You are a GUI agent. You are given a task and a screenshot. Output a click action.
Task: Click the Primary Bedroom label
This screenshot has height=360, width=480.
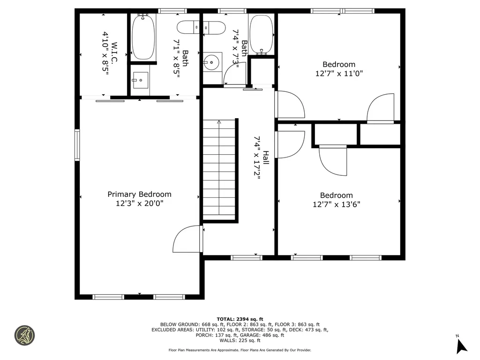pos(139,194)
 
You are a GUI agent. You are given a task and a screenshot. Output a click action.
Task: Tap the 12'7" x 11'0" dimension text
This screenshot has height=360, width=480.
pos(339,74)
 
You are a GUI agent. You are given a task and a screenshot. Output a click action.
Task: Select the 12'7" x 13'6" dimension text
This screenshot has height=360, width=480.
pos(336,204)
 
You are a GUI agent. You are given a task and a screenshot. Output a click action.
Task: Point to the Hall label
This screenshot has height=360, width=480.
pos(266,157)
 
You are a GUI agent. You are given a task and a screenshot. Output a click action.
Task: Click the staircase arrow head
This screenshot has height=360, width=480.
pos(219,122)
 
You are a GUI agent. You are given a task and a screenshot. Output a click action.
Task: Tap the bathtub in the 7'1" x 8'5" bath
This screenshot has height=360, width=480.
pos(143,37)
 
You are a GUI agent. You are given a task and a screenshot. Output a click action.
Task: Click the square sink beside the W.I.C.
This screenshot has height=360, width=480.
pos(140,80)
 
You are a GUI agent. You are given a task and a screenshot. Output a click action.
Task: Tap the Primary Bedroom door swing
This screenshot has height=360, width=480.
pos(187,239)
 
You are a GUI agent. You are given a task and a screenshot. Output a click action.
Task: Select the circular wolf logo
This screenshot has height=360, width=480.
pos(24,336)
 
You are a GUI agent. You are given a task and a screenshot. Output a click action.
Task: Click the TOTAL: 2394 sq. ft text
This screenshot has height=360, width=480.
pos(240,319)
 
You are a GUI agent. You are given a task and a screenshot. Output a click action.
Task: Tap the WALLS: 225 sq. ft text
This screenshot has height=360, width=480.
pos(240,340)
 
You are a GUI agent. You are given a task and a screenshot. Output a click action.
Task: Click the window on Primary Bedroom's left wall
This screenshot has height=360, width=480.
pos(77,145)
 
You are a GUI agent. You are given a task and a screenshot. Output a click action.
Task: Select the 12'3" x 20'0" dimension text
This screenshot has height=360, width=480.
pos(139,203)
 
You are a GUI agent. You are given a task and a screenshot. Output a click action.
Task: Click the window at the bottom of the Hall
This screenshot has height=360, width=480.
pos(247,257)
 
